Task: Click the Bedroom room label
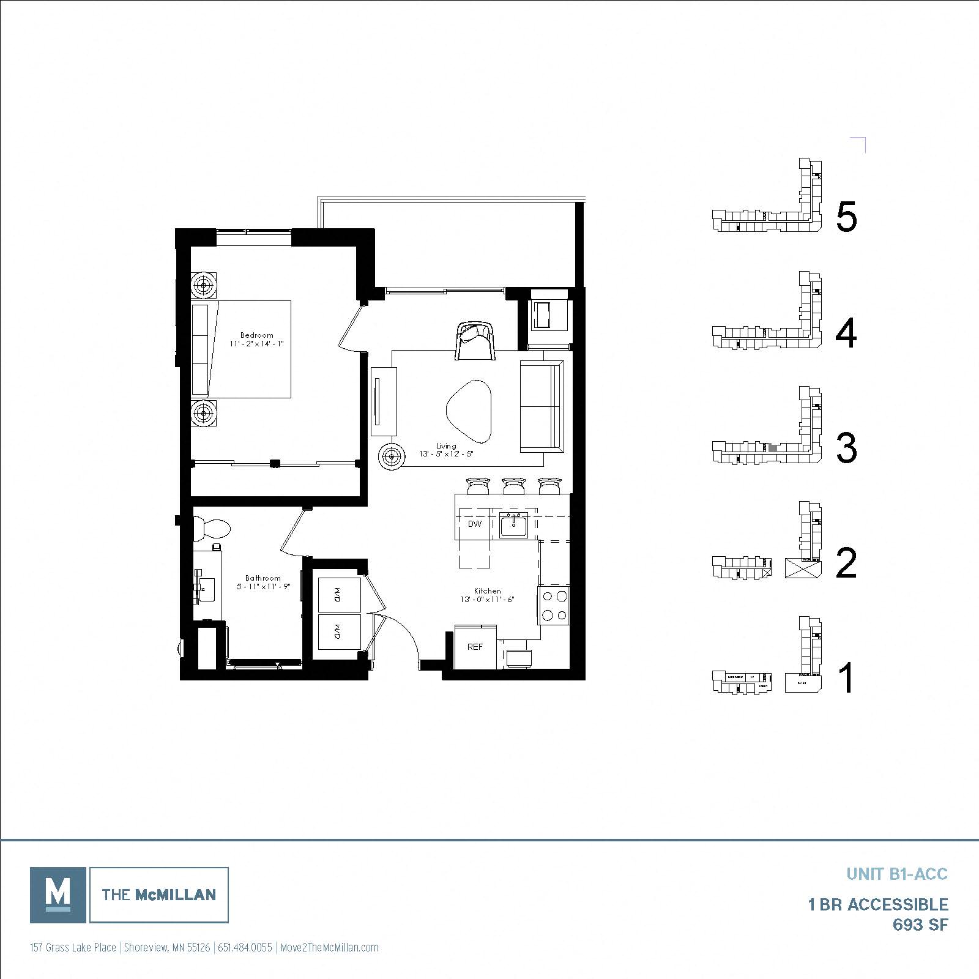point(256,335)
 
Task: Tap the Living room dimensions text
point(447,454)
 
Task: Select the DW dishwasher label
point(475,524)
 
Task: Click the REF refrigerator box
point(475,647)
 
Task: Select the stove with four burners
point(554,605)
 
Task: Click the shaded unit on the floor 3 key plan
point(773,448)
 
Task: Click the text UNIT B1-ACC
point(896,874)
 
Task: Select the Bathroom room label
point(263,578)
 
